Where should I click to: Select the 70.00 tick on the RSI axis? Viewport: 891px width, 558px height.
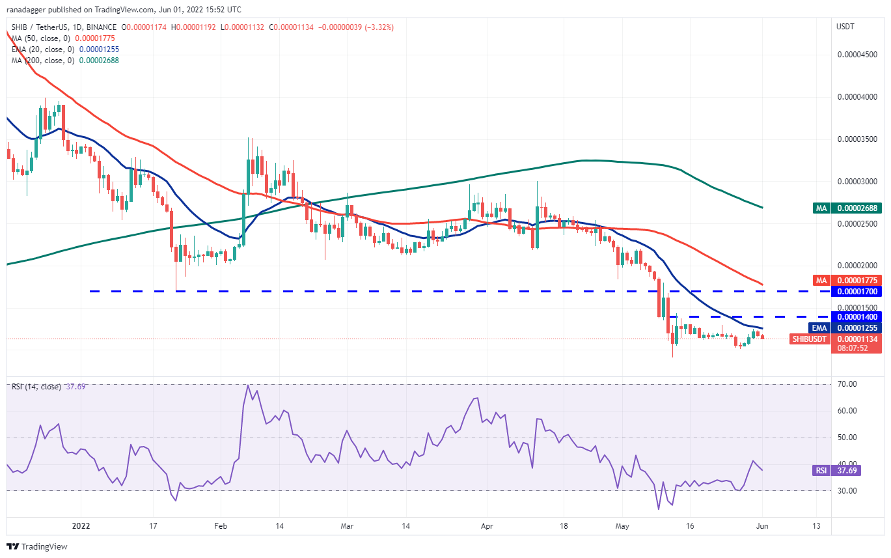(x=847, y=384)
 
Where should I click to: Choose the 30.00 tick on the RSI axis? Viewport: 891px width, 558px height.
(x=847, y=491)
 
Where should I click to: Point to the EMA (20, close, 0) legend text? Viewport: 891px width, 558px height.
(x=43, y=49)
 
